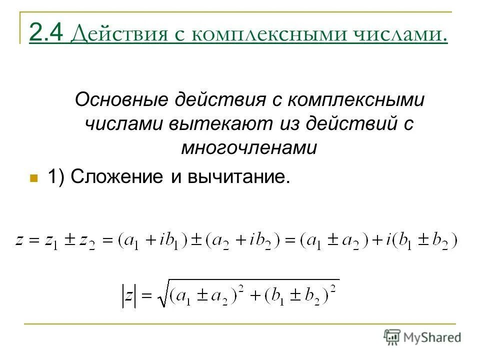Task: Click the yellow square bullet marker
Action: click(34, 178)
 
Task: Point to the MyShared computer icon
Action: click(393, 336)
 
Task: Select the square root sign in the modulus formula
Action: click(161, 295)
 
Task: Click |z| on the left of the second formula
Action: click(128, 295)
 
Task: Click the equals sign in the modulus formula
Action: click(145, 296)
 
